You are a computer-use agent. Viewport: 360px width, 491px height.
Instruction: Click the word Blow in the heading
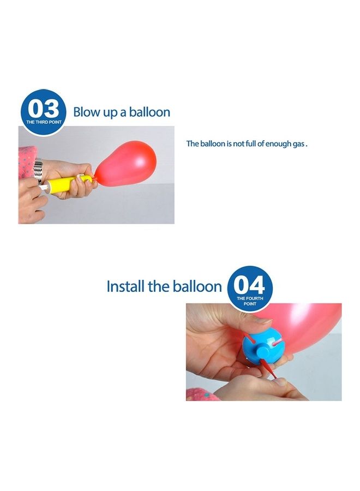(86, 112)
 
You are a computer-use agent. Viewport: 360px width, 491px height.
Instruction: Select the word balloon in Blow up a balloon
(149, 112)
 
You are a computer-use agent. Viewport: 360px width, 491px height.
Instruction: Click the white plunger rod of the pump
(43, 188)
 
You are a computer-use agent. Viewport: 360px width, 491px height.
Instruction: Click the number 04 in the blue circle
(249, 285)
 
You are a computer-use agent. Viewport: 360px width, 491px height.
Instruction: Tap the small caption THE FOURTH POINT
(249, 301)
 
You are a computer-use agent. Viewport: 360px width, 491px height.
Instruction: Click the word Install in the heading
(126, 286)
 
